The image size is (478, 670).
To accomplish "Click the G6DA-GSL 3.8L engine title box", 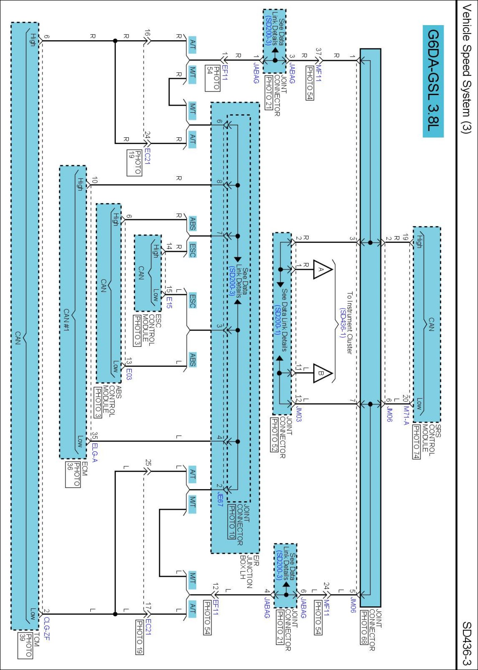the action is (433, 81).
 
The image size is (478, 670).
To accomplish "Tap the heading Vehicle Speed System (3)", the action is (466, 69).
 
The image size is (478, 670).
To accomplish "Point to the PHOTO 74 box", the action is (416, 442).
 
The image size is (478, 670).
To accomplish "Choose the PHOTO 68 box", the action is (364, 627).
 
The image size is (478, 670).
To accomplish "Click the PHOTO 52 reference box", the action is (274, 434).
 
